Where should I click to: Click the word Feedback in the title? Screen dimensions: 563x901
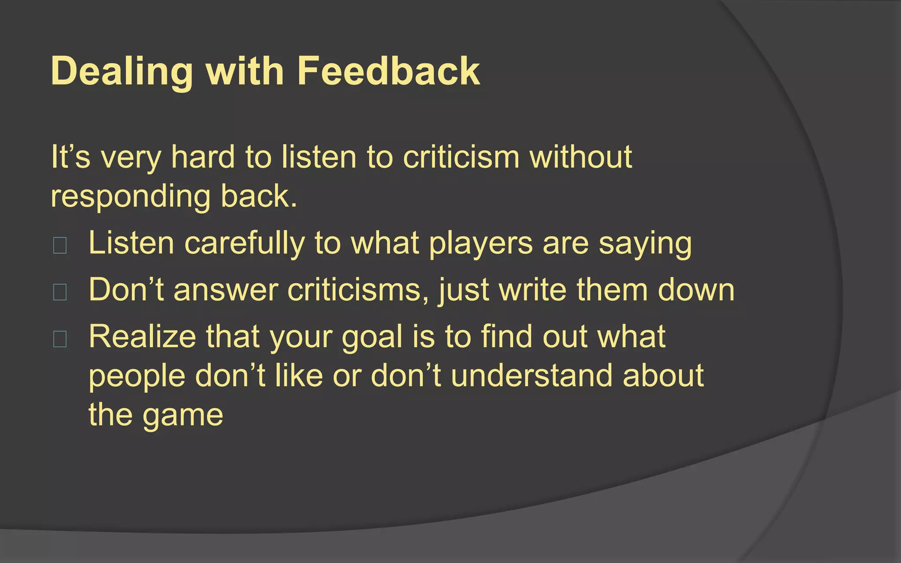pyautogui.click(x=388, y=71)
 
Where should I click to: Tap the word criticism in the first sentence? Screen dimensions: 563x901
pyautogui.click(x=461, y=157)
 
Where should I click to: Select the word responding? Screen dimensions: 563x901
pyautogui.click(x=131, y=197)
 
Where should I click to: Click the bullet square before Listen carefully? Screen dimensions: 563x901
pyautogui.click(x=60, y=245)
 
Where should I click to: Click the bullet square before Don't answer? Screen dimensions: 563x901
pyautogui.click(x=60, y=292)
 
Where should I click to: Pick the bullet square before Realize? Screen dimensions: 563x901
pyautogui.click(x=60, y=339)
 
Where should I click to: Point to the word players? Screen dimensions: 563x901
pyautogui.click(x=480, y=244)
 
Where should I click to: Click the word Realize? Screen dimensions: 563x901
pyautogui.click(x=142, y=337)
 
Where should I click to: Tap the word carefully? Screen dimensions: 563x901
pyautogui.click(x=244, y=244)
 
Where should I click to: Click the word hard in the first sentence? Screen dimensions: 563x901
pyautogui.click(x=203, y=157)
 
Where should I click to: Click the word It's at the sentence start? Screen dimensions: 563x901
pyautogui.click(x=70, y=157)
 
